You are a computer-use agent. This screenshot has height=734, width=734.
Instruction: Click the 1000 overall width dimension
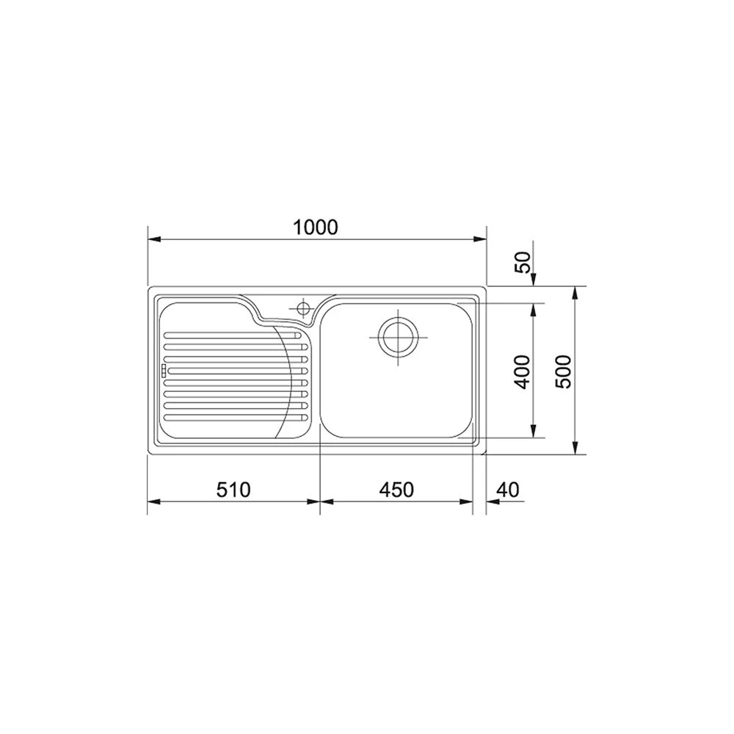[x=316, y=228]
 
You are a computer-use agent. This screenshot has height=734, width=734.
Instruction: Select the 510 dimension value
[x=233, y=489]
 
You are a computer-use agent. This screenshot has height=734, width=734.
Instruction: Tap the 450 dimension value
[x=396, y=489]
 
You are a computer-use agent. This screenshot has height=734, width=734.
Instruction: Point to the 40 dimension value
[x=508, y=489]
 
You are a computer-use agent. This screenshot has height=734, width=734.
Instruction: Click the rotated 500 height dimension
[x=564, y=371]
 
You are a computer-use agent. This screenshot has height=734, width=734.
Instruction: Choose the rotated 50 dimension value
[x=522, y=262]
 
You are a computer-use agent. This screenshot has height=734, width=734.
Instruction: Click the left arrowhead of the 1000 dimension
[x=152, y=239]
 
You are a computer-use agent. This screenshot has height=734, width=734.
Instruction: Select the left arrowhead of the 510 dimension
[x=152, y=502]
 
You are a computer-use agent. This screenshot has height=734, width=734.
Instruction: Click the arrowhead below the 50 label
[x=534, y=281]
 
